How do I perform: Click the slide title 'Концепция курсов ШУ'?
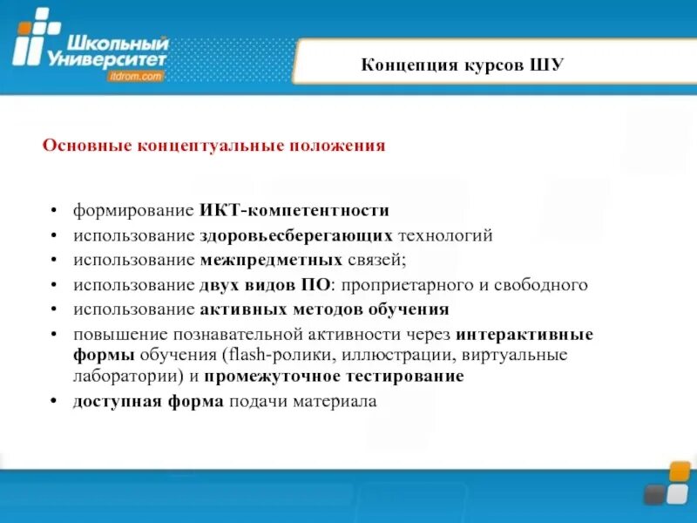[464, 65]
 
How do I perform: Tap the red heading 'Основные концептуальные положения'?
[213, 146]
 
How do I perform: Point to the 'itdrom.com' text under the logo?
[137, 77]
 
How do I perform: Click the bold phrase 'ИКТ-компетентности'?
[294, 211]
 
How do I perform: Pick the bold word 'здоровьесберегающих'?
[297, 235]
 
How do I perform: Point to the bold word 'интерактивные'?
[524, 334]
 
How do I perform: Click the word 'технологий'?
[445, 235]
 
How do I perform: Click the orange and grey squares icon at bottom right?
[667, 484]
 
